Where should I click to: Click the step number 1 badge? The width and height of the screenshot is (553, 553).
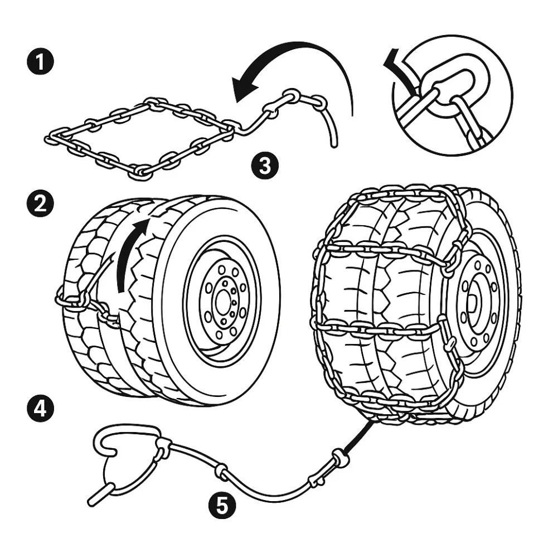[x=40, y=61]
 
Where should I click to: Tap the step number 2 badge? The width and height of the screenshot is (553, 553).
[x=40, y=205]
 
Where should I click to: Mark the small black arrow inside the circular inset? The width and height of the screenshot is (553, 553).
[x=399, y=67]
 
